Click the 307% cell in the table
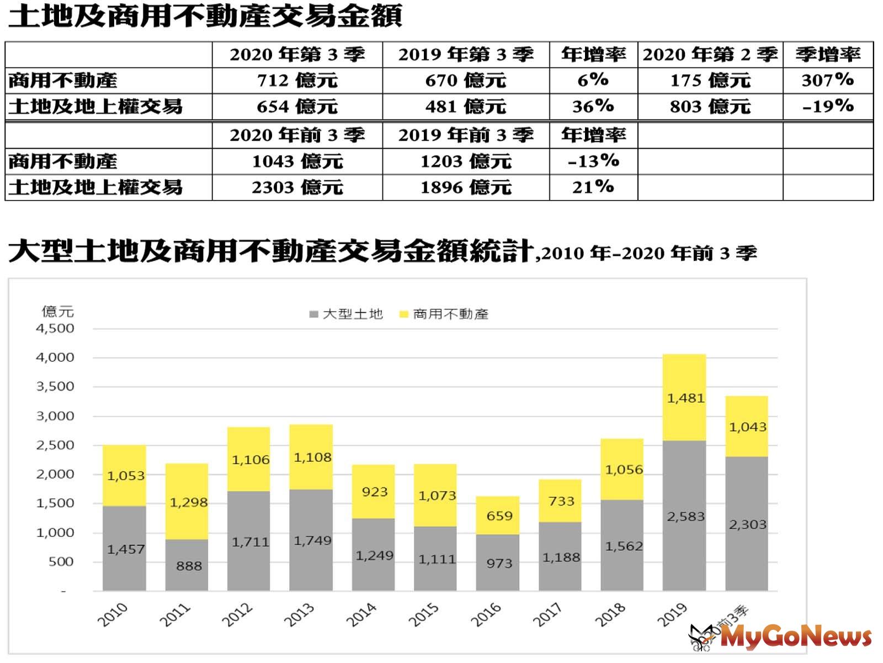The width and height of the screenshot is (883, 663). [827, 80]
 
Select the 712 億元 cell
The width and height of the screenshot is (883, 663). [297, 81]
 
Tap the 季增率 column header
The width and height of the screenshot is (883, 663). [827, 54]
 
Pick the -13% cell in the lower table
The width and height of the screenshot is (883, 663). [593, 161]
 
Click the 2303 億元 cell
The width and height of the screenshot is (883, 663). [297, 187]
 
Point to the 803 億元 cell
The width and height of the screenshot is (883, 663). [710, 106]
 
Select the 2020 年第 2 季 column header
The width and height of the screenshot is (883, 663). [710, 54]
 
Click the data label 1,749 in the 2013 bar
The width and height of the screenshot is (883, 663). [312, 540]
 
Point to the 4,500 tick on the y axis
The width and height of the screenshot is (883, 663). [55, 328]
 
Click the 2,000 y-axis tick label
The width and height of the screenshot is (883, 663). [55, 474]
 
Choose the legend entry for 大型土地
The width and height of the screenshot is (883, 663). [347, 314]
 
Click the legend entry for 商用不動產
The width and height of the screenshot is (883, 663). [444, 314]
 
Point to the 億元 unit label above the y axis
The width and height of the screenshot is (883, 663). [57, 311]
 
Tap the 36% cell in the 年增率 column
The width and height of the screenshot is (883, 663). [593, 106]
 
